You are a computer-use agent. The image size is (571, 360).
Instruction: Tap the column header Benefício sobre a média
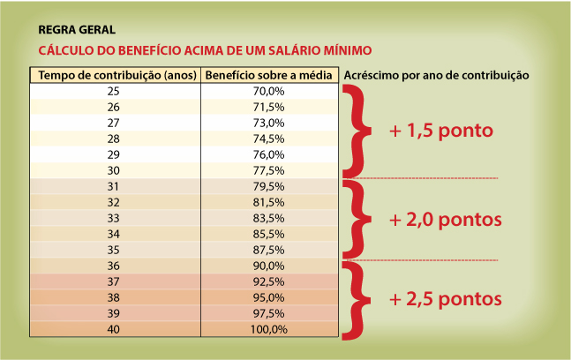coord(267,75)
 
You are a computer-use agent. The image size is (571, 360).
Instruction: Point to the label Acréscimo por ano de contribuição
coord(435,75)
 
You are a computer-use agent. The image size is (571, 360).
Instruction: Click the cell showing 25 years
coord(113,91)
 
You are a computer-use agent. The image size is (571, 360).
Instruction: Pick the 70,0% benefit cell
coord(268,91)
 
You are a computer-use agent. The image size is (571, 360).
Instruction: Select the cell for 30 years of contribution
coord(113,170)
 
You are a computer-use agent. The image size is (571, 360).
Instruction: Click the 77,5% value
coord(268,170)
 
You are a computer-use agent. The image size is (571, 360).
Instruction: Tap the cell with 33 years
coord(113,218)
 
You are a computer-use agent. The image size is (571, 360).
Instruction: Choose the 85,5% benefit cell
coord(268,234)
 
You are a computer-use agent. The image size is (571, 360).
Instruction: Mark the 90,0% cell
coord(268,266)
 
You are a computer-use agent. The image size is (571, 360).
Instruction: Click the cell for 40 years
coord(113,329)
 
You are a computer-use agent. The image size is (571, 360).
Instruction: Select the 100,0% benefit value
coord(268,329)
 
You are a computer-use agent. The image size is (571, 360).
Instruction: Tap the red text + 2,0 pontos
coord(445,219)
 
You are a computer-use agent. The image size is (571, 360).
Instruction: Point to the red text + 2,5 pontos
coord(445,298)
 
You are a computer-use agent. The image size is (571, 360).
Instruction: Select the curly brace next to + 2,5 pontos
coord(355,300)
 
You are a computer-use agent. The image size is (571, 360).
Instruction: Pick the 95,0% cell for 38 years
coord(268,297)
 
